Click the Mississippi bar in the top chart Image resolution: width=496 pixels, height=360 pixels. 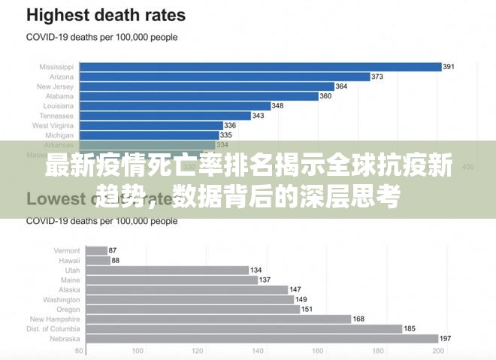260,67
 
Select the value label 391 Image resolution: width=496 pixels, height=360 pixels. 449,67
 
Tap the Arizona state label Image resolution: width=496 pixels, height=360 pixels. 61,77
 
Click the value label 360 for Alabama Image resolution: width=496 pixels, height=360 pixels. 325,96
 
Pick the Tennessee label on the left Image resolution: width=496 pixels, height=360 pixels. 56,116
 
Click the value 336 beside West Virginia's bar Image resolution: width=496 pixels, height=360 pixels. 230,126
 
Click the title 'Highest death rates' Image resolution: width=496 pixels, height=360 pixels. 106,15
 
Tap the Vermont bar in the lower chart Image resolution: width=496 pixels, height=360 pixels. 96,250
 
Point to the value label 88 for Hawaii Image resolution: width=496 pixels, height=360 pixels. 116,260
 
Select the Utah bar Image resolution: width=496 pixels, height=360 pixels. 168,270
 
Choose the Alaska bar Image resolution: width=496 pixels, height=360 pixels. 187,289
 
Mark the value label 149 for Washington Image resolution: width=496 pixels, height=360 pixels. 301,299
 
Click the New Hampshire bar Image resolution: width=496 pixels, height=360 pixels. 219,319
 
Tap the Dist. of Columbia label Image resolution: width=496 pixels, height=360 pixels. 53,328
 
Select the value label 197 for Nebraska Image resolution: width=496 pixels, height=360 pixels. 445,338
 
